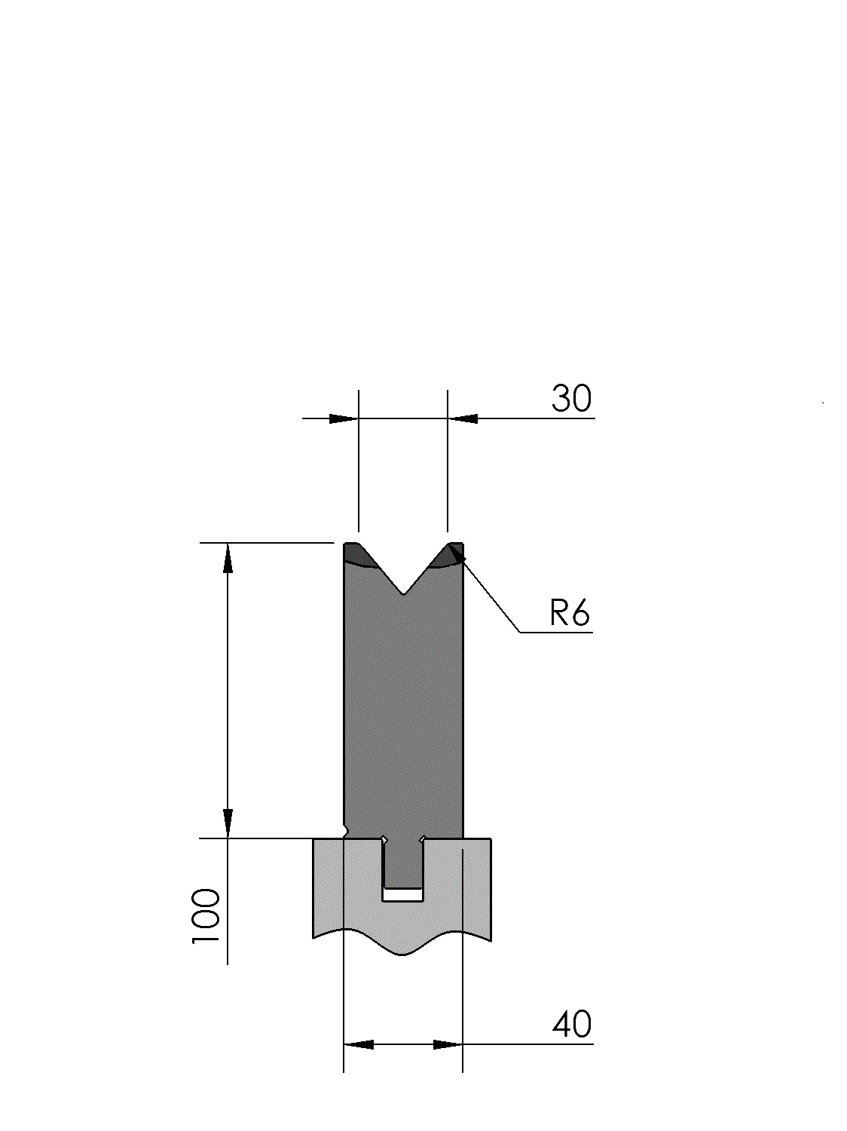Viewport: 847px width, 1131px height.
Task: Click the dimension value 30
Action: (571, 398)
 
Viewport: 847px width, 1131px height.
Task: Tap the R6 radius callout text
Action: (570, 613)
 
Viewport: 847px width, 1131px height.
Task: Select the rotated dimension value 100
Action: (206, 916)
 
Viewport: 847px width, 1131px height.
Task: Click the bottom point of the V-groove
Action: (404, 594)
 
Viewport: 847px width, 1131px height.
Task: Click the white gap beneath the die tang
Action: (402, 894)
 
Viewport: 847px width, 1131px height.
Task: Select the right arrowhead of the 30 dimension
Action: (463, 418)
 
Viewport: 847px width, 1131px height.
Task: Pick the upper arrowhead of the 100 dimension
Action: (228, 558)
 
